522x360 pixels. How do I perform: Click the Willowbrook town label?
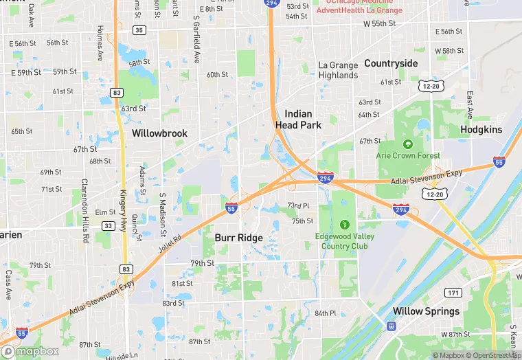pyautogui.click(x=159, y=133)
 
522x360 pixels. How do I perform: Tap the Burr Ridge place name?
pyautogui.click(x=238, y=238)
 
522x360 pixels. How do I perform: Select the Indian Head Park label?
pyautogui.click(x=294, y=120)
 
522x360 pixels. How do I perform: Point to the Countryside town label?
pyautogui.click(x=391, y=63)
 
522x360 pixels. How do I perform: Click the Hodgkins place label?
pyautogui.click(x=481, y=129)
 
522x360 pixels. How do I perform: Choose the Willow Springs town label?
pyautogui.click(x=426, y=311)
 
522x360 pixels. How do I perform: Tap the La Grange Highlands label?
pyautogui.click(x=338, y=70)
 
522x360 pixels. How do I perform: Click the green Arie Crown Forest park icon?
pyautogui.click(x=408, y=144)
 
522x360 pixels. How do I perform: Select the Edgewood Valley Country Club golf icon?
pyautogui.click(x=345, y=224)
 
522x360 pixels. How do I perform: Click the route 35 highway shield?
pyautogui.click(x=139, y=30)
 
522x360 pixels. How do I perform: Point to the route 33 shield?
pyautogui.click(x=109, y=225)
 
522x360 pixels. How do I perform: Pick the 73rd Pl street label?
pyautogui.click(x=298, y=205)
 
